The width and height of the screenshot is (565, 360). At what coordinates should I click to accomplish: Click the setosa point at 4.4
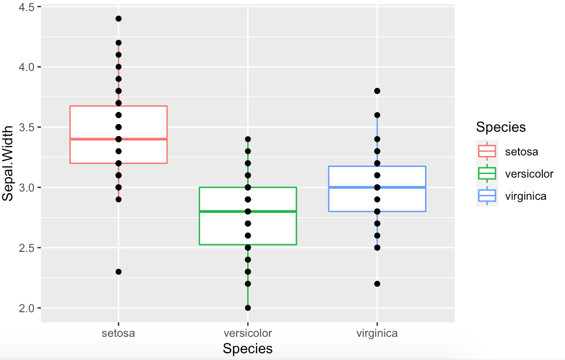pos(118,19)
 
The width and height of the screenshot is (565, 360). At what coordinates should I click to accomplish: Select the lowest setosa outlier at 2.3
pos(118,272)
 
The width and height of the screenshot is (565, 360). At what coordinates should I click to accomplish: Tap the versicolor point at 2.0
pos(248,308)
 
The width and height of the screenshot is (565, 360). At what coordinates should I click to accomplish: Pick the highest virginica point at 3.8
pos(377,91)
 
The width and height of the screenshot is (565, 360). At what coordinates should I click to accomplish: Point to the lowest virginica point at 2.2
pos(377,284)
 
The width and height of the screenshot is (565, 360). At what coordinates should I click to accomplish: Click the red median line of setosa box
pos(92,139)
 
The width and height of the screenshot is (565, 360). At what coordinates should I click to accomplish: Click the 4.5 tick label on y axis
pos(27,7)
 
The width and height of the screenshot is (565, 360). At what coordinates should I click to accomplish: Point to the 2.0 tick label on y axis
pos(27,308)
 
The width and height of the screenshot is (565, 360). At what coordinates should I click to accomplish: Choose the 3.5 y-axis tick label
pos(27,127)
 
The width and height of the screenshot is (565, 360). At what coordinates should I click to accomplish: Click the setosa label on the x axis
pos(118,333)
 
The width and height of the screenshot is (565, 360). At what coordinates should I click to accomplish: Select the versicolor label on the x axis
pos(248,333)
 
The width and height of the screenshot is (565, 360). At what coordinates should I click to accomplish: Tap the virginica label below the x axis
pos(377,333)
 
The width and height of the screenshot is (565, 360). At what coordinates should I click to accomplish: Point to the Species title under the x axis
pos(248,349)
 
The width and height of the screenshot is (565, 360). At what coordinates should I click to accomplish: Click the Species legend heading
pos(501,127)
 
